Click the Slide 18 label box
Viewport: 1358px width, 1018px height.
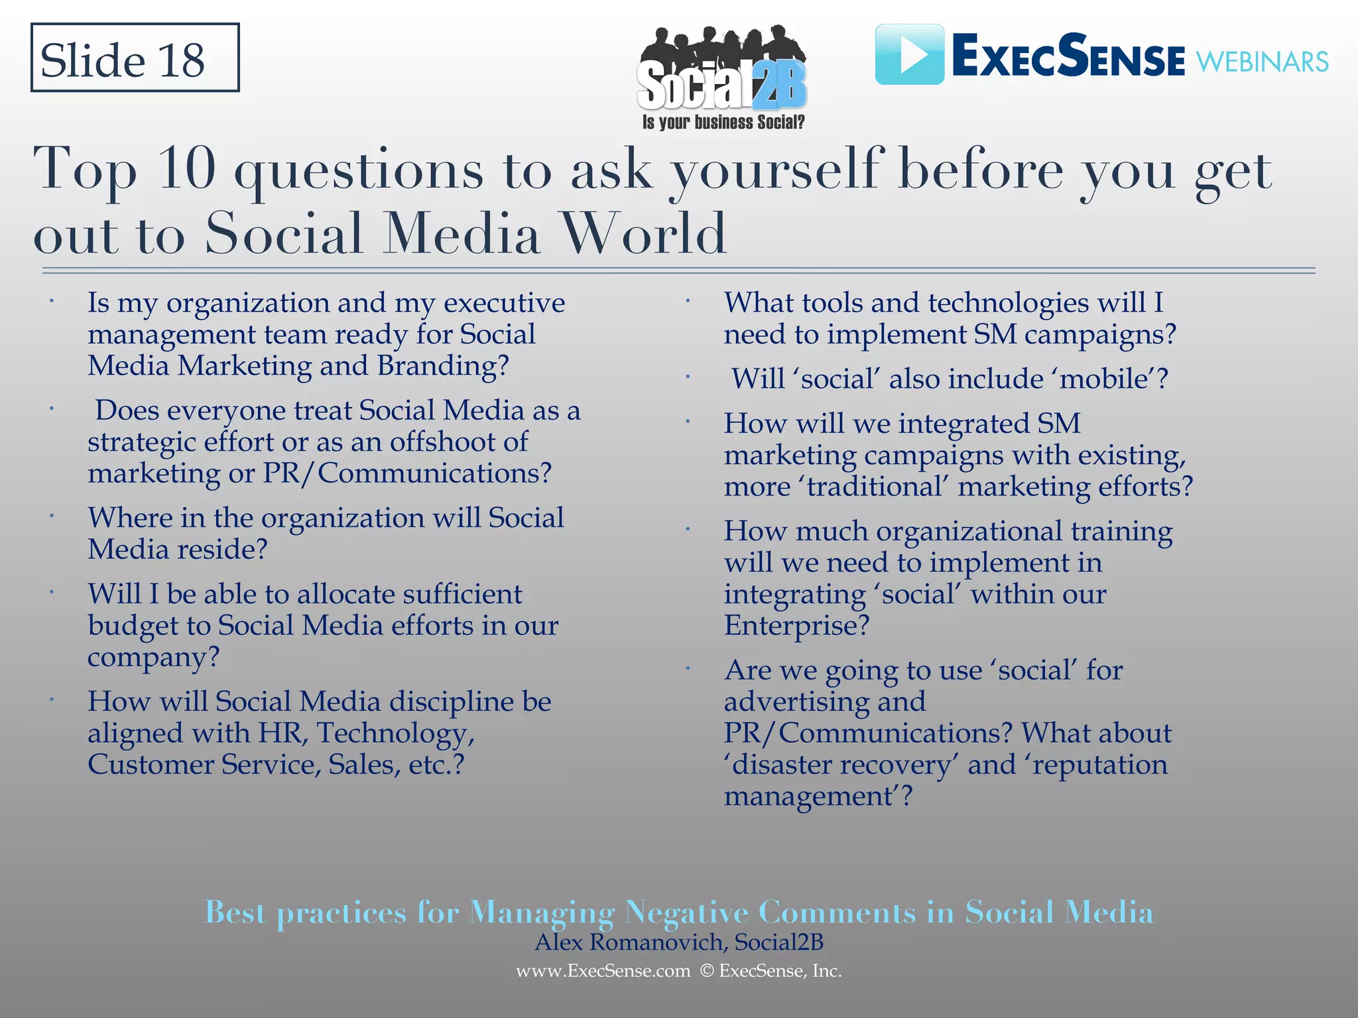(135, 58)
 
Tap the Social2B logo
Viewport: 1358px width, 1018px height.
(721, 76)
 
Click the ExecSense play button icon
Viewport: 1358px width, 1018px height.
(909, 54)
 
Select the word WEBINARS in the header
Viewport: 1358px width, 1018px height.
(1262, 62)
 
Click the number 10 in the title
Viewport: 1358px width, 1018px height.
(187, 168)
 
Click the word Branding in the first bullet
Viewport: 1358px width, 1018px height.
(443, 366)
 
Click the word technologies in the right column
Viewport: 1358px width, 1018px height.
(1008, 304)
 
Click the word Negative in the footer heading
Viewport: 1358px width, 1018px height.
(686, 913)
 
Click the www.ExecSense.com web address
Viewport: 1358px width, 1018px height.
(603, 971)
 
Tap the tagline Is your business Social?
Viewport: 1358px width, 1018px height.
(723, 123)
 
